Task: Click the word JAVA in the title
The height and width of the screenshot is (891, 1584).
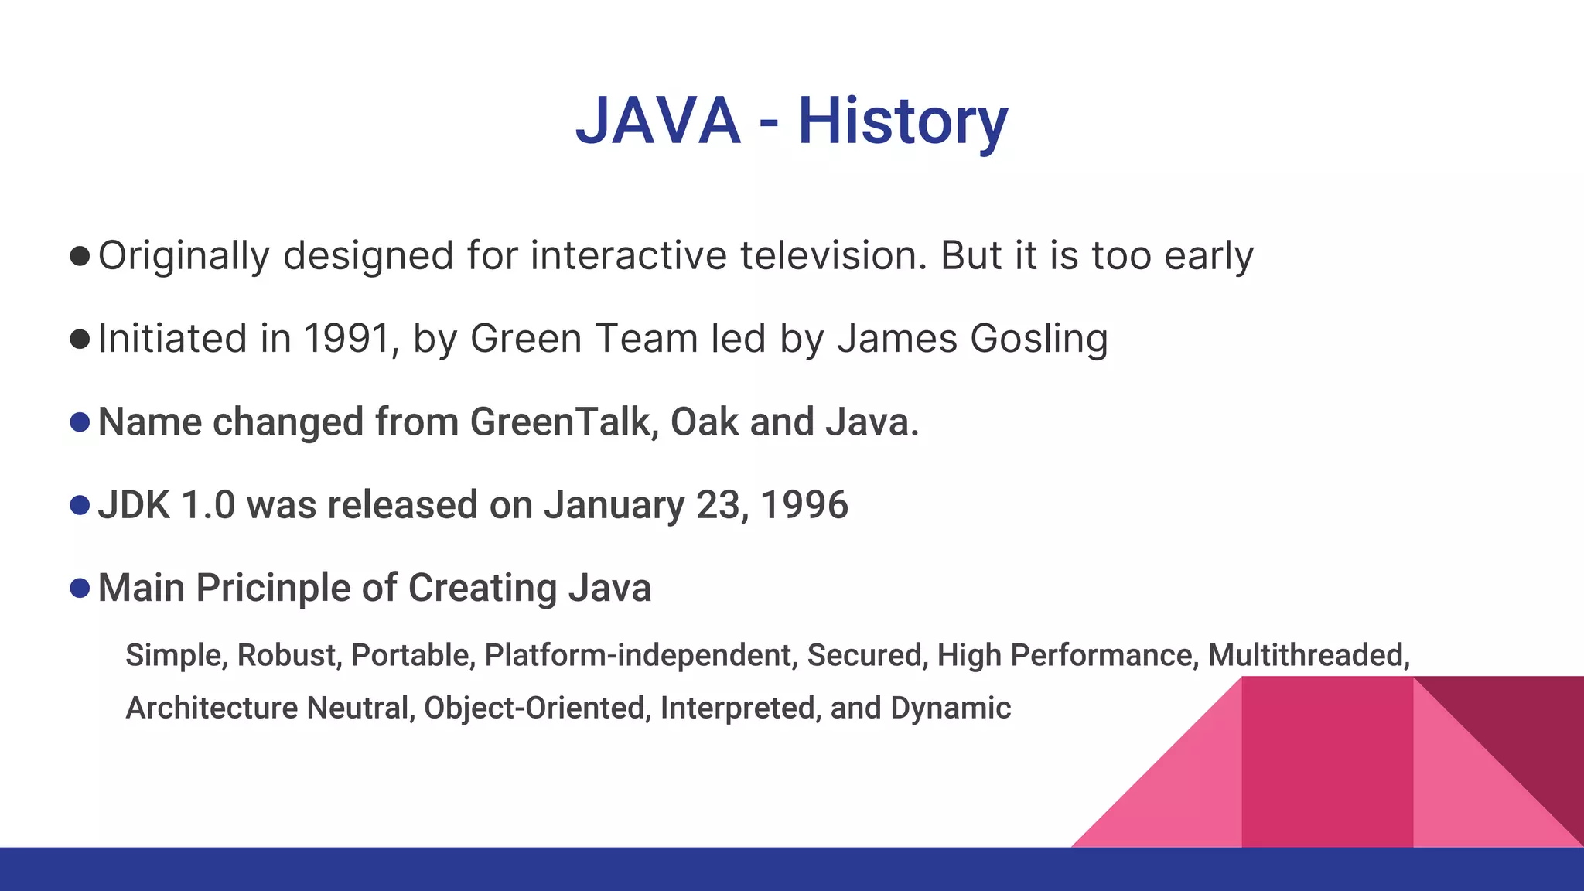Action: pos(658,121)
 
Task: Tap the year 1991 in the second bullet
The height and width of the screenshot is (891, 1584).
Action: pos(346,339)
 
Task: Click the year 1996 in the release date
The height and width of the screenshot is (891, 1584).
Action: pos(804,505)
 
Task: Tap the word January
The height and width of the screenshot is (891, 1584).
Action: pos(614,505)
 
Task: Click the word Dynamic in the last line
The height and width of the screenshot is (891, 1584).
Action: pos(951,708)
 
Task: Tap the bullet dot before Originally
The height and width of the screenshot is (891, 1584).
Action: pos(80,256)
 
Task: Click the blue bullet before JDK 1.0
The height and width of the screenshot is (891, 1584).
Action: pos(80,505)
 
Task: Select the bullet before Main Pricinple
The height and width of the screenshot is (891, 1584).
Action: pos(80,588)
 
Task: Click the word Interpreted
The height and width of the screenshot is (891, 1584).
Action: pos(740,708)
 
